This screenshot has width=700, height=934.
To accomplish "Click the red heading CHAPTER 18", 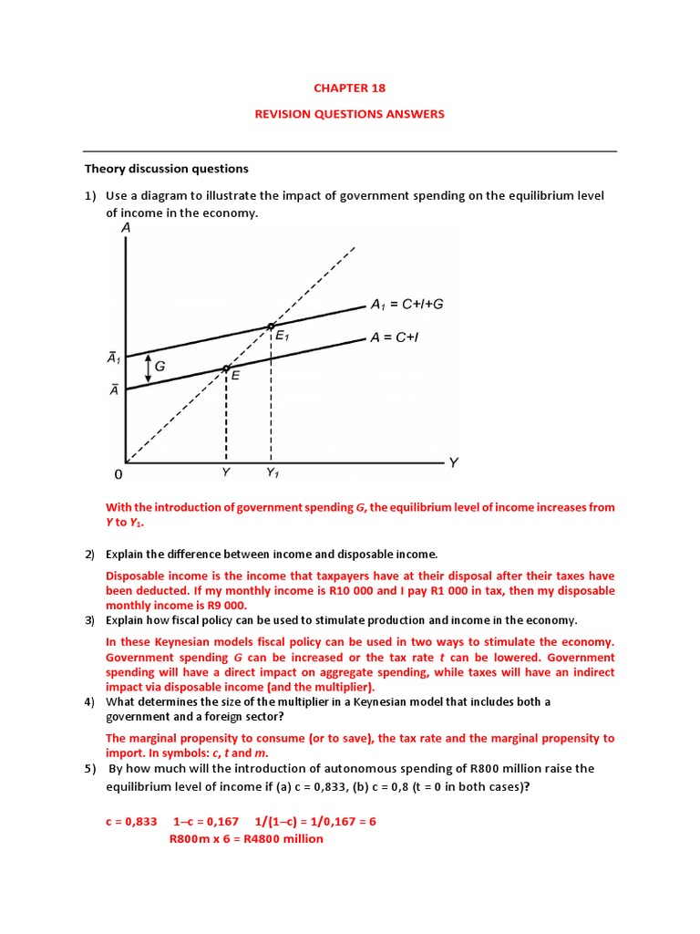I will [x=349, y=88].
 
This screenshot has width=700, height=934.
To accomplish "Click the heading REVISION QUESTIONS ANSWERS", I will [x=349, y=114].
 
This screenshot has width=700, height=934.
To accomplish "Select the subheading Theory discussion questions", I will [x=166, y=169].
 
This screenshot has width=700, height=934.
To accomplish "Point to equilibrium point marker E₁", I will [x=271, y=326].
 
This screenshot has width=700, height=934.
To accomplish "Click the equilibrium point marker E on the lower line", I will [x=226, y=368].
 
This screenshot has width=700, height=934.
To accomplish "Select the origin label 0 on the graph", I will [x=117, y=475].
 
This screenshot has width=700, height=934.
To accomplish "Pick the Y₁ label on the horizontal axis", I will [x=273, y=473].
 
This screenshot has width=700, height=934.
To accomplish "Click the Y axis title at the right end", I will [x=453, y=462].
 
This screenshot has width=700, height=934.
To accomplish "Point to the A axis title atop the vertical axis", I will [x=124, y=229].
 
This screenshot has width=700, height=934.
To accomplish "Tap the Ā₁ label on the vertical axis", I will [x=114, y=359].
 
